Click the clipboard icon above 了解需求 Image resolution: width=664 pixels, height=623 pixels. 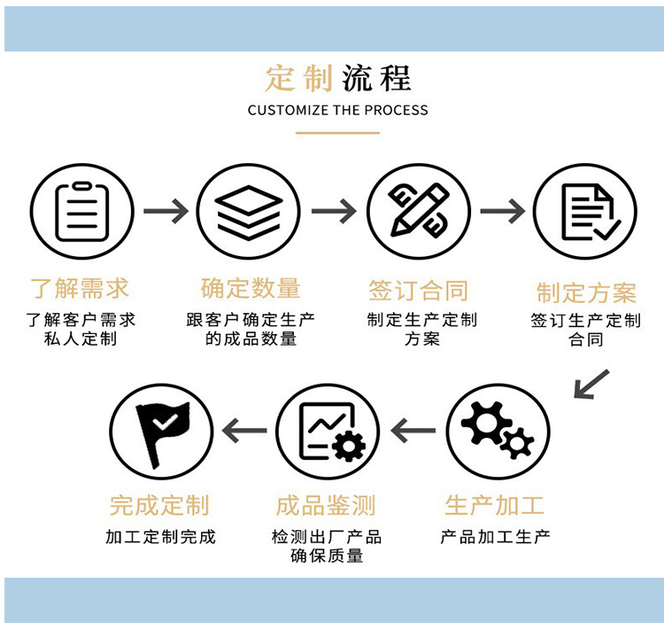81,212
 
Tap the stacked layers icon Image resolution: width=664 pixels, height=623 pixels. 248,212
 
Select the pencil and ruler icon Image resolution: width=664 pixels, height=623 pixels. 418,212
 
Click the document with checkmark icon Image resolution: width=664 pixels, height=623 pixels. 584,212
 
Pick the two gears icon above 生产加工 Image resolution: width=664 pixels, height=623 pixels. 498,431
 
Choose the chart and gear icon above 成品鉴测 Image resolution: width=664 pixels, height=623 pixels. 328,431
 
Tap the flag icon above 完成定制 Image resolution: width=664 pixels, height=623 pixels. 160,431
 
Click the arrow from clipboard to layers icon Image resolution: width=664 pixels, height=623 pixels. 166,211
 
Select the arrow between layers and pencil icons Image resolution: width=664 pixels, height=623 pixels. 334,211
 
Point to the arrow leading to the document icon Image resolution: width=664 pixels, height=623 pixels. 501,211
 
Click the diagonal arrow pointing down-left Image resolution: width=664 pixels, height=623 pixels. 591,384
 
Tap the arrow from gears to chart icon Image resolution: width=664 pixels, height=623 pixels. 413,431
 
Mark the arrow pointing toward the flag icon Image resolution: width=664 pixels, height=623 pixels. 244,431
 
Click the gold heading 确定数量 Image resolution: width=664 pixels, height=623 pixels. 251,288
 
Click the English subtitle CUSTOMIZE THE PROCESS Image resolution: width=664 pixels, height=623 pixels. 337,111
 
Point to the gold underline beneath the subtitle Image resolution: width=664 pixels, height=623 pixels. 337,133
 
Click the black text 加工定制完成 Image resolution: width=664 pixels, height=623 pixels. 160,536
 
